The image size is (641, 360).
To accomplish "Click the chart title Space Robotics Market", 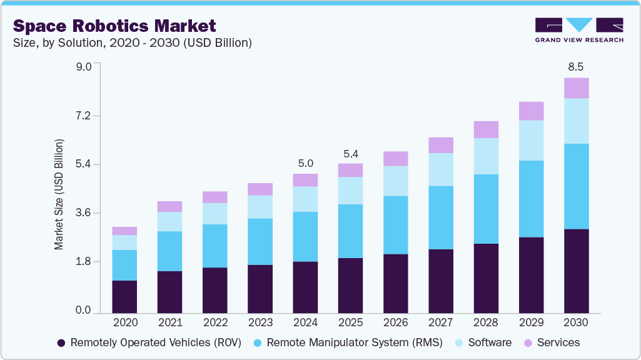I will point(114,26).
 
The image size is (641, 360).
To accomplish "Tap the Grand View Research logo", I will point(578,29).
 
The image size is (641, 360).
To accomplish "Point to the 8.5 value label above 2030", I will point(576,67).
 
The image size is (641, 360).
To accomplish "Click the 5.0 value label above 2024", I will point(305,163).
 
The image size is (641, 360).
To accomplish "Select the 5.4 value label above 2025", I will point(350,153).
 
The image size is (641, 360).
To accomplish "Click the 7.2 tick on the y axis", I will point(83,116).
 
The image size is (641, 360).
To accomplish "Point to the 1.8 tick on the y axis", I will point(83,262).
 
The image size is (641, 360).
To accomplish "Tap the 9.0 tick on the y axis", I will point(83,67).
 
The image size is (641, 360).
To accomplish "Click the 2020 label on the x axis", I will point(124,323).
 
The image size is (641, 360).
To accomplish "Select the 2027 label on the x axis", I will point(440,323).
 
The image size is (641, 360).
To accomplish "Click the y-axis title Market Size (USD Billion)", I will point(59,194).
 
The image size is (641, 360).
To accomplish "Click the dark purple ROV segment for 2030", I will point(576,271).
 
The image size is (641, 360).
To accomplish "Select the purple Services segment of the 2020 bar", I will point(124,231).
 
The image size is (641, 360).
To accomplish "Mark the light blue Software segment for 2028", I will point(486,156).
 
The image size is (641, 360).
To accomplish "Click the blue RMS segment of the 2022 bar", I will point(215,246).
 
